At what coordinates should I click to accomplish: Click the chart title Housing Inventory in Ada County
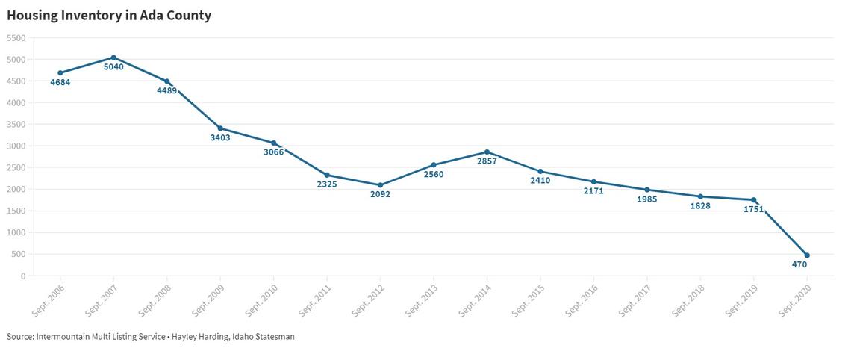[x=109, y=15]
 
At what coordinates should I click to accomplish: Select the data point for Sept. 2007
[x=113, y=58]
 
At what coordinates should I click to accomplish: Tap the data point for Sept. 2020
[x=807, y=255]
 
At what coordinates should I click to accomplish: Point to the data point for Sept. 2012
[x=380, y=185]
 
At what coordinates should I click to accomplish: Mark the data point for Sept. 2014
[x=487, y=152]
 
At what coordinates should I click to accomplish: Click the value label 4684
[x=60, y=83]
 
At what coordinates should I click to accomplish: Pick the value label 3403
[x=220, y=138]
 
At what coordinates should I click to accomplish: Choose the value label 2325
[x=327, y=184]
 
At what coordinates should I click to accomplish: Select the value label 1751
[x=753, y=209]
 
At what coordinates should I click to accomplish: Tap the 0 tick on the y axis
[x=22, y=276]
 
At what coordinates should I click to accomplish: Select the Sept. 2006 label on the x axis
[x=49, y=300]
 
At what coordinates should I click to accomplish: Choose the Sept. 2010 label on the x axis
[x=262, y=300]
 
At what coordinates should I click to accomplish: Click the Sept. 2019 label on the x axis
[x=742, y=300]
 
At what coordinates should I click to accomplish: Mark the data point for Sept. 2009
[x=220, y=128]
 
